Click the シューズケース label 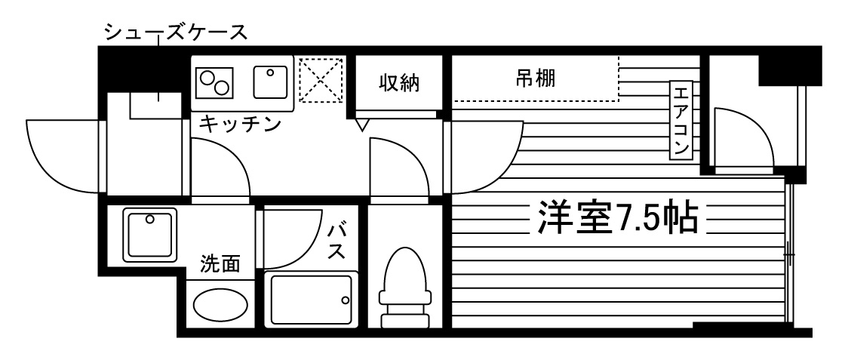tap(176, 32)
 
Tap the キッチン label tap(239, 124)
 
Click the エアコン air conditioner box tap(681, 121)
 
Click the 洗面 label tap(220, 264)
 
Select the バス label tap(336, 239)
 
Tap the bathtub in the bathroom tap(309, 300)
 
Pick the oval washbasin tap(220, 305)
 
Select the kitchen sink tap(271, 82)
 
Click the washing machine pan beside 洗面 tap(151, 234)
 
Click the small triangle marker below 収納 tap(361, 124)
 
